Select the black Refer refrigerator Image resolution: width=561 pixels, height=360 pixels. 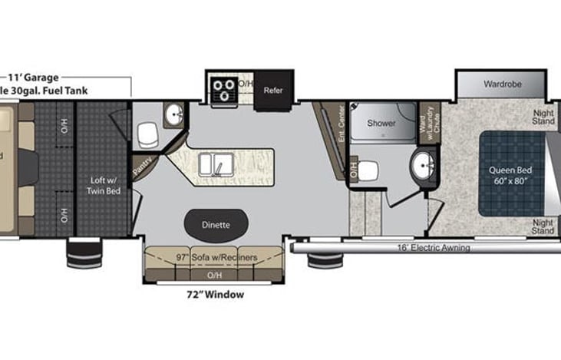[x=273, y=91]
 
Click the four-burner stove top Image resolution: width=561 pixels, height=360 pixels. [x=225, y=88]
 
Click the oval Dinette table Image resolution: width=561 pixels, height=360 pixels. [x=216, y=225]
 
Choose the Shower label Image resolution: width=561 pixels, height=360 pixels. [x=381, y=123]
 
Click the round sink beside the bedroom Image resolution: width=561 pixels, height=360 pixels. [x=422, y=164]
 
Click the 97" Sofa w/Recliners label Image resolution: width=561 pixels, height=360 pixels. [x=216, y=257]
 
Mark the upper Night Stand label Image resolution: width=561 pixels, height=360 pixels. [x=543, y=116]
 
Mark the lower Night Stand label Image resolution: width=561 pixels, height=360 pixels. [x=543, y=226]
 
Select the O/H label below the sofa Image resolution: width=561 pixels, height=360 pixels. [x=216, y=273]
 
